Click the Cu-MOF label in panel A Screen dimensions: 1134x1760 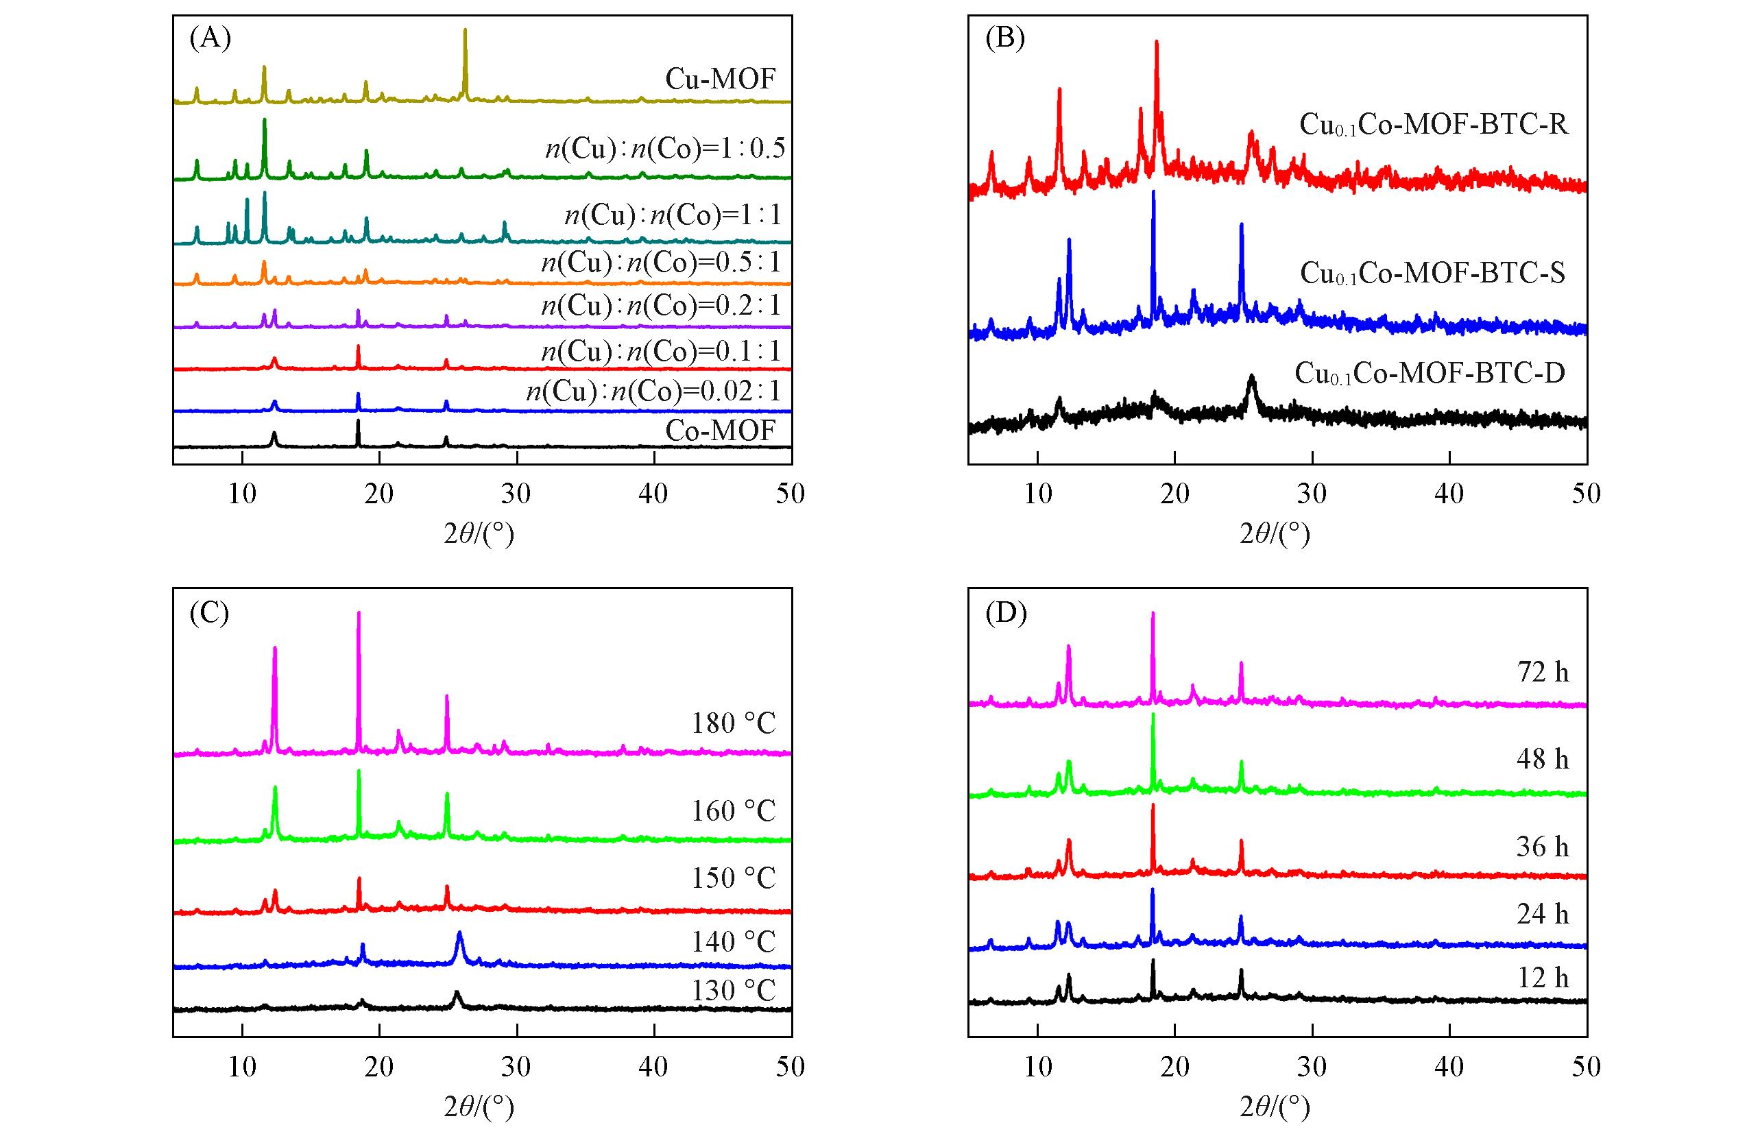coord(719,79)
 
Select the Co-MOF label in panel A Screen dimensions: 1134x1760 coord(719,430)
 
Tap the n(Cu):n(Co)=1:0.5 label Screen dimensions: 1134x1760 coord(665,149)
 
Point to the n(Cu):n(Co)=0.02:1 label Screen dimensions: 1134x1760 coord(653,390)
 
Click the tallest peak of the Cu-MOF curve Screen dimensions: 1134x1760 coord(465,31)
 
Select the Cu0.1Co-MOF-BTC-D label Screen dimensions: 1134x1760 coord(1430,374)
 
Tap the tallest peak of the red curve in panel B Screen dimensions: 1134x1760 coord(1157,43)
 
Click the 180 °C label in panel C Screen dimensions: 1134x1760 coord(733,724)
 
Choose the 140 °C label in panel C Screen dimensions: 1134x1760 coord(733,941)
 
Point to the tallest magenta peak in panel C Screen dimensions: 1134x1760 coord(359,614)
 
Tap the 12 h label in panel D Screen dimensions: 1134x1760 coord(1542,978)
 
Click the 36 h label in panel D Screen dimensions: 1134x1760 coord(1542,847)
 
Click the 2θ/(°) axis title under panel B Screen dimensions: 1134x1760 coord(1274,533)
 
